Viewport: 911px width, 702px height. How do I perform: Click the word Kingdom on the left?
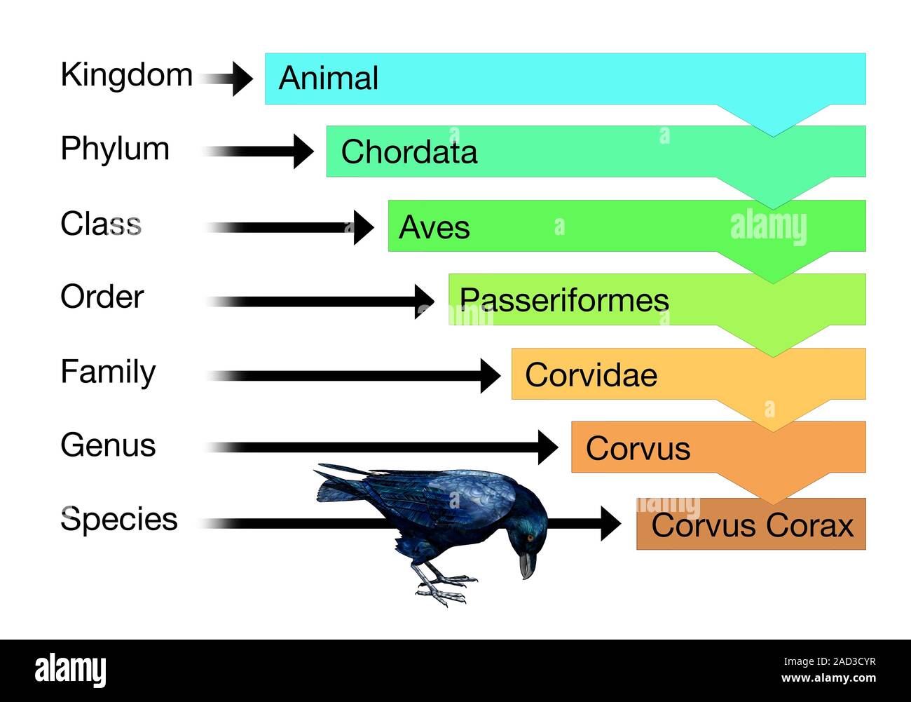click(x=126, y=75)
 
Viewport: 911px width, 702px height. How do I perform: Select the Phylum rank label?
click(x=115, y=149)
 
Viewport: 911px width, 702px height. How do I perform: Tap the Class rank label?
click(x=101, y=224)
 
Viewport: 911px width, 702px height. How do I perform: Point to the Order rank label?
click(x=102, y=297)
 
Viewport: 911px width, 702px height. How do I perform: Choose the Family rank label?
click(x=108, y=372)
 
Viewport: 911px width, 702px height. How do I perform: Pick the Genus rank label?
click(x=108, y=445)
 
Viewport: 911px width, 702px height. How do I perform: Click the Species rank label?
click(x=119, y=520)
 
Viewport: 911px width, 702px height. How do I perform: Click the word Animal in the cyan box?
click(x=328, y=78)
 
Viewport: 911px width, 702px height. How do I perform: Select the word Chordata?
click(x=409, y=151)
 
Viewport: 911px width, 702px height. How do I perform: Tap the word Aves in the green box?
click(x=434, y=227)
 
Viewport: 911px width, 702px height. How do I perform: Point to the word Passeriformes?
click(x=563, y=300)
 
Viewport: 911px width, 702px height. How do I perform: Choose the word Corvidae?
click(x=591, y=375)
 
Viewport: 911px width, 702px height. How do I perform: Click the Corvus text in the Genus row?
click(x=638, y=449)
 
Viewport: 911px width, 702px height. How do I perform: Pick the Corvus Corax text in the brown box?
click(x=753, y=525)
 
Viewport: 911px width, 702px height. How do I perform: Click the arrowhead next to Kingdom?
click(x=241, y=78)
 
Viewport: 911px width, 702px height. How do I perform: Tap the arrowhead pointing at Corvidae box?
click(x=490, y=375)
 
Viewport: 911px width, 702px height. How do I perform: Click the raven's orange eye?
click(x=530, y=538)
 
